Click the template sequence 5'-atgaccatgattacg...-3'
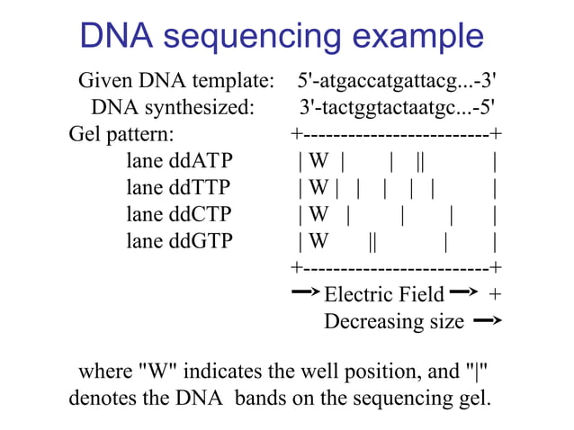point(396,82)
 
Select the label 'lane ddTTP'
point(178,188)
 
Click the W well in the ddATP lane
point(318,162)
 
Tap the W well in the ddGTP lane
point(318,241)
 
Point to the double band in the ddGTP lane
point(372,241)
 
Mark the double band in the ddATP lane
point(421,162)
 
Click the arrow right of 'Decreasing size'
point(487,320)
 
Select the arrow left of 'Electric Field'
point(306,292)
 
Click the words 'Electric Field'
point(383,294)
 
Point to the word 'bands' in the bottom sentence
point(265,397)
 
